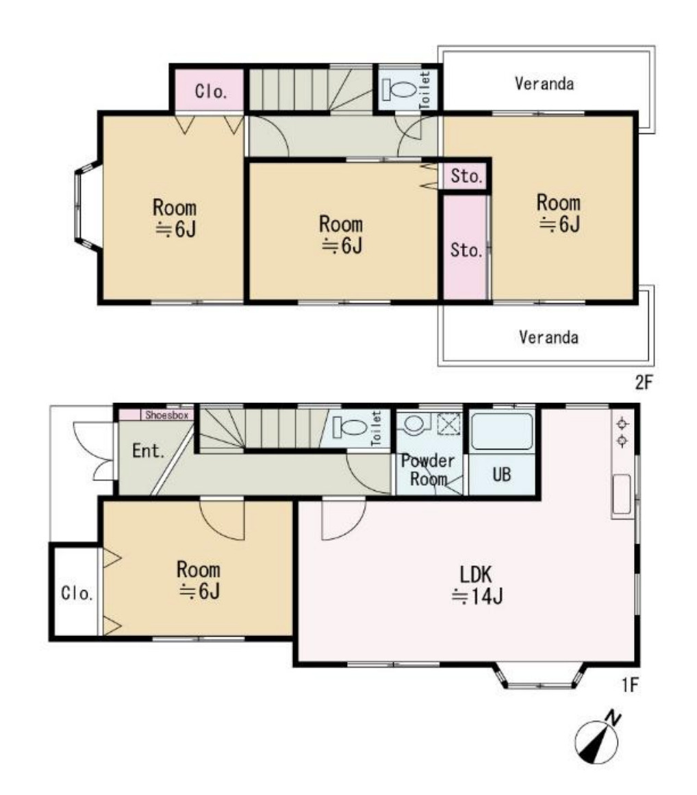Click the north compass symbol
click(x=597, y=739)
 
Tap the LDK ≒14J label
click(x=477, y=585)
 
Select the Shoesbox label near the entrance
click(x=166, y=415)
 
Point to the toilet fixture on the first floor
click(x=350, y=428)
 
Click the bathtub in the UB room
click(x=501, y=432)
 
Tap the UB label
click(x=501, y=474)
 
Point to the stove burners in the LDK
click(x=622, y=432)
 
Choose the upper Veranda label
click(x=544, y=83)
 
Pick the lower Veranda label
click(x=548, y=337)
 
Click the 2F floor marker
click(x=644, y=382)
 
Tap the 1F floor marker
click(x=631, y=685)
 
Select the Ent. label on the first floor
click(x=149, y=450)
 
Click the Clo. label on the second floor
click(x=211, y=91)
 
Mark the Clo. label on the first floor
click(x=77, y=593)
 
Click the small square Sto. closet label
click(x=466, y=176)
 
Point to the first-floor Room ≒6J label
click(x=198, y=580)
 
